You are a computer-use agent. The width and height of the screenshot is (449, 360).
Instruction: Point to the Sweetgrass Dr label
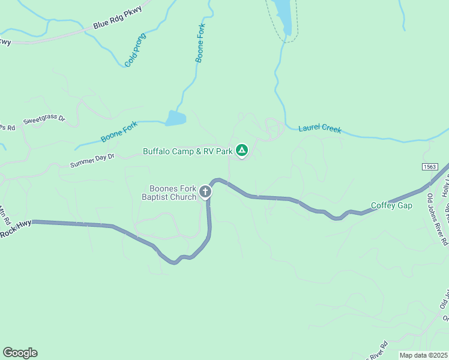[x=44, y=119]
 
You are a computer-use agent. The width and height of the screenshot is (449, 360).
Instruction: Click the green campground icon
[x=241, y=150]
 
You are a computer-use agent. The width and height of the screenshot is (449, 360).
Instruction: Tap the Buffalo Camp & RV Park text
[x=187, y=151]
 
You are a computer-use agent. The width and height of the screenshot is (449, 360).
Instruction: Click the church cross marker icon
[x=205, y=192]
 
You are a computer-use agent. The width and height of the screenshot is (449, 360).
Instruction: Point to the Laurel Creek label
[x=321, y=128]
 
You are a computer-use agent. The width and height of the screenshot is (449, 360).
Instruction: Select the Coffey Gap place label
[x=392, y=205]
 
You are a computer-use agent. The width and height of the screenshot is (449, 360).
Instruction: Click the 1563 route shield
[x=430, y=166]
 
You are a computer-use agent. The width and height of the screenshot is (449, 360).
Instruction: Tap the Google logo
[x=20, y=353]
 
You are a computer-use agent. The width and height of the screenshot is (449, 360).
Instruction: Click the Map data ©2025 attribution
[x=423, y=355]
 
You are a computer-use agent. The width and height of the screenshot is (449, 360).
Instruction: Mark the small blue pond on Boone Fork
[x=176, y=118]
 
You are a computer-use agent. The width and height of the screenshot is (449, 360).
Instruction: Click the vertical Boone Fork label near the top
[x=201, y=43]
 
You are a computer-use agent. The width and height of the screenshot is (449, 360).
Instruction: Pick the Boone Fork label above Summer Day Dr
[x=119, y=131]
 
